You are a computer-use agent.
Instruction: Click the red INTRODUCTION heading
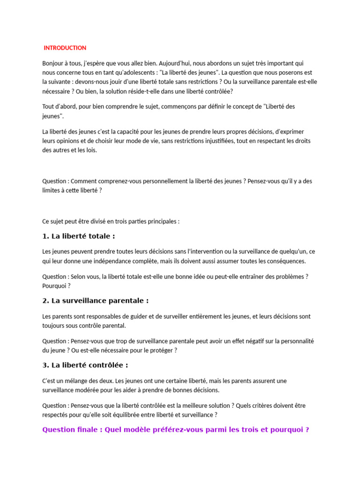click(x=65, y=48)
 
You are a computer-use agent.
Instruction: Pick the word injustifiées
click(x=230, y=141)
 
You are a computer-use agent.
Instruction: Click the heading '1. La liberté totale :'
click(x=79, y=236)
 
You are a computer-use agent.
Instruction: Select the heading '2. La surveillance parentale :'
click(x=96, y=301)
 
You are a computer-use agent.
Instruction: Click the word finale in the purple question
click(x=87, y=430)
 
